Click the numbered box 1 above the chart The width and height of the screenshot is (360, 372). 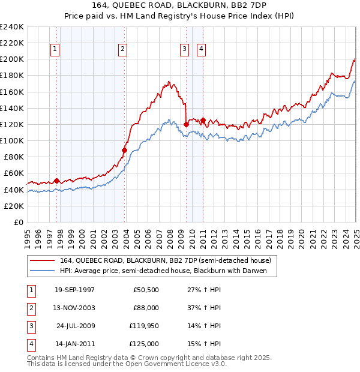click(55, 50)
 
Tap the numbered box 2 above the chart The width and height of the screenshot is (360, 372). click(122, 50)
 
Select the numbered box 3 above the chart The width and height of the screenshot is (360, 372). click(184, 50)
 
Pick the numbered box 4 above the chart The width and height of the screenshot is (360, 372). click(201, 50)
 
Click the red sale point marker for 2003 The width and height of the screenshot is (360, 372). click(125, 150)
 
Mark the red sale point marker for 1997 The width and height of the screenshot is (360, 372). click(57, 181)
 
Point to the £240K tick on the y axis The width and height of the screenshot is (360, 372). click(11, 27)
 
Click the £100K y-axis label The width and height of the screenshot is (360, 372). click(11, 140)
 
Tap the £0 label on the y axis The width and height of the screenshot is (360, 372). click(17, 222)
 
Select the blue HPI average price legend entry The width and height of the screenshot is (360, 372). click(167, 271)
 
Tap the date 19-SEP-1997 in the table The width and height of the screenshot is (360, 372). click(74, 290)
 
